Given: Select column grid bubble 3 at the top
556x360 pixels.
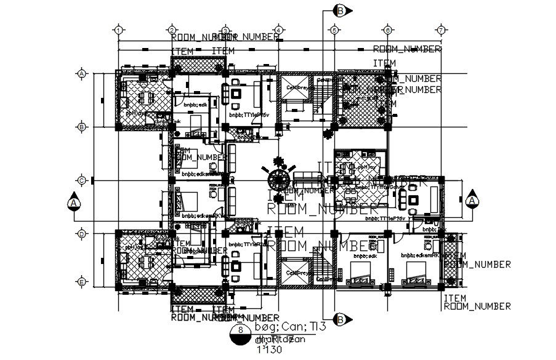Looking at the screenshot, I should pyautogui.click(x=226, y=29).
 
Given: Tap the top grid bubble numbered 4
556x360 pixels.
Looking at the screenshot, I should pyautogui.click(x=279, y=29).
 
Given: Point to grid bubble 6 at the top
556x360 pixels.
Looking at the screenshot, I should pyautogui.click(x=387, y=29).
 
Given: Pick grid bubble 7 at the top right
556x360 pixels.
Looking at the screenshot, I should pyautogui.click(x=441, y=29).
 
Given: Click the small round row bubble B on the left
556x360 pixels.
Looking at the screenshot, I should pyautogui.click(x=81, y=127).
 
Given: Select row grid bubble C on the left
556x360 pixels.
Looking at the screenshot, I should pyautogui.click(x=81, y=180).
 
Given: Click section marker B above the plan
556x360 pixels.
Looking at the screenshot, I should pyautogui.click(x=340, y=10).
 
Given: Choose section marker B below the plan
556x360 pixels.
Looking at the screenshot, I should pyautogui.click(x=340, y=319).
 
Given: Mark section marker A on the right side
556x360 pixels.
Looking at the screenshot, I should pyautogui.click(x=472, y=201).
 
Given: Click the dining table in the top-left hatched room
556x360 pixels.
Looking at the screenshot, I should pyautogui.click(x=145, y=98).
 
